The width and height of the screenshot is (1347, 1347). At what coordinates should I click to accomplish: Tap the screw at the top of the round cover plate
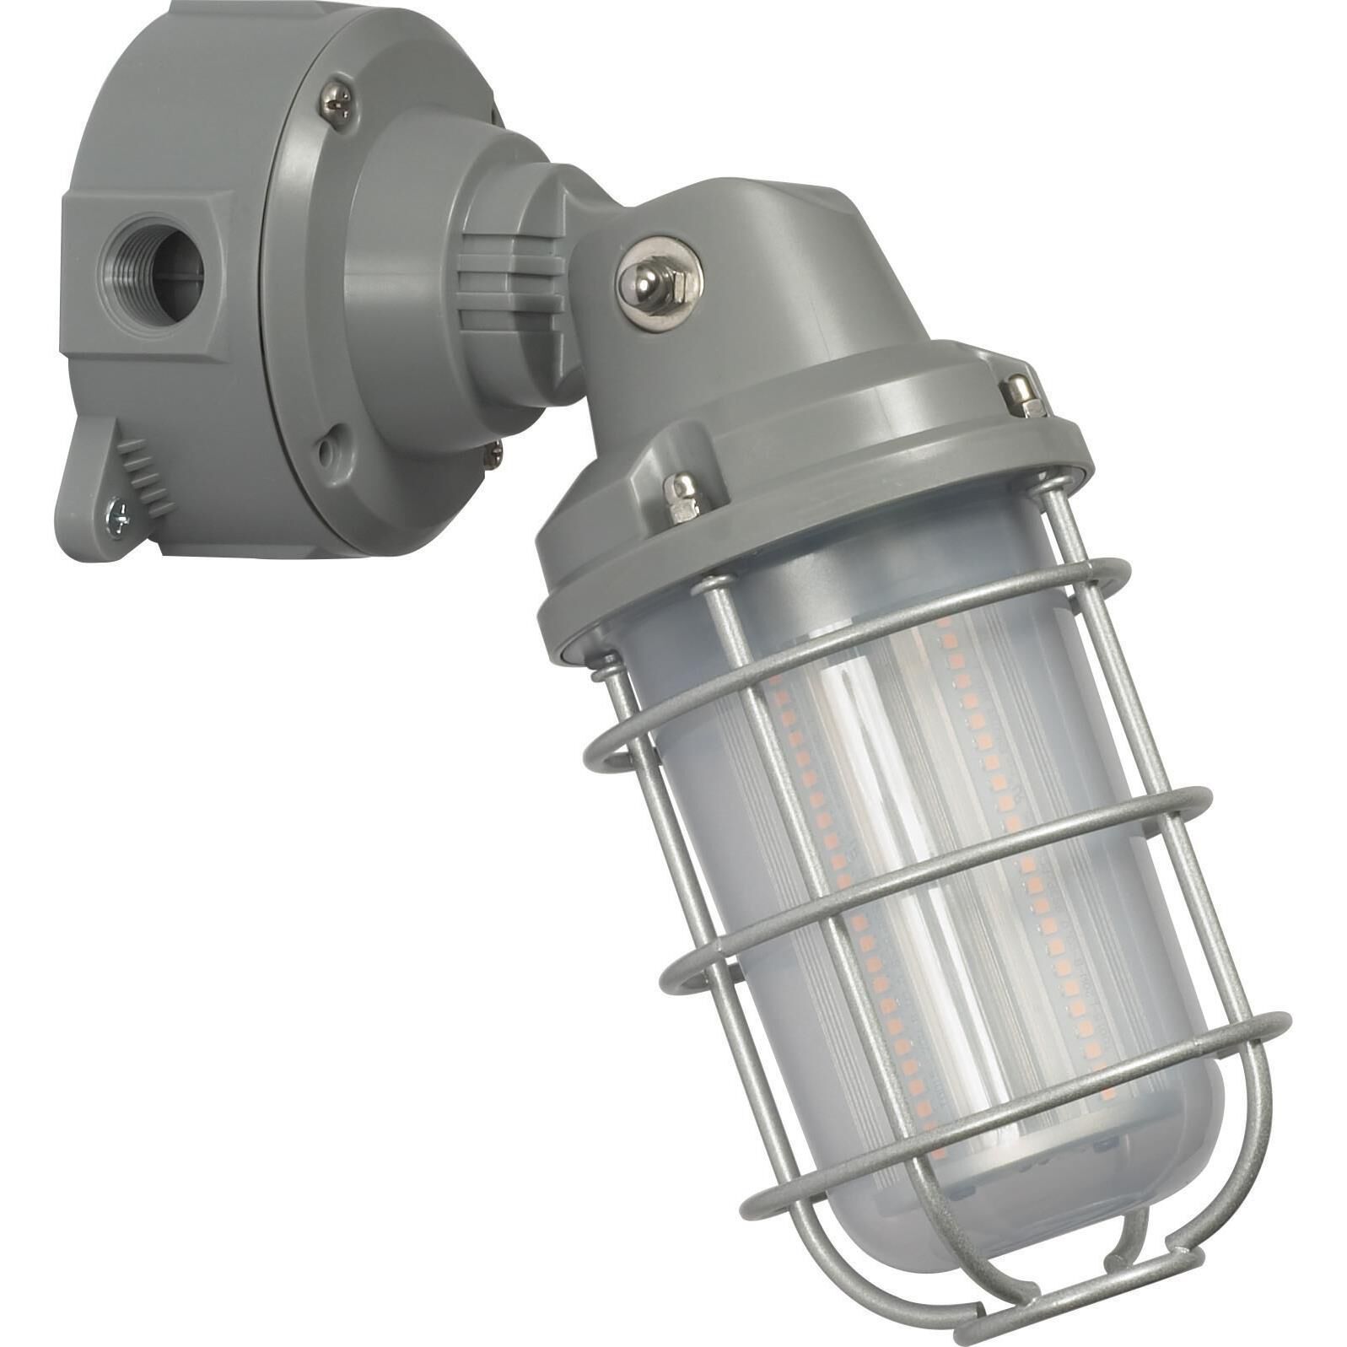tap(337, 105)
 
